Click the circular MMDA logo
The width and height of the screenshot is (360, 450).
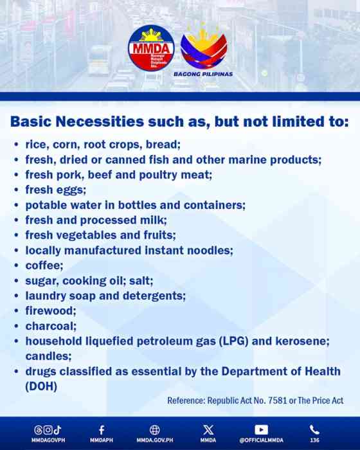pyautogui.click(x=151, y=49)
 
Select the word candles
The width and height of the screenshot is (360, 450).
pyautogui.click(x=46, y=355)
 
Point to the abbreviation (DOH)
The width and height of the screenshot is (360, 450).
pyautogui.click(x=42, y=386)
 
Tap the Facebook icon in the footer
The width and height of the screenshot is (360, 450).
pyautogui.click(x=102, y=429)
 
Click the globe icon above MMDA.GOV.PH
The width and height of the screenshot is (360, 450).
pyautogui.click(x=154, y=429)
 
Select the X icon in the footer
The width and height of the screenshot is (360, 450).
pyautogui.click(x=208, y=429)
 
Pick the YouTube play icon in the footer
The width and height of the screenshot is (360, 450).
pyautogui.click(x=261, y=429)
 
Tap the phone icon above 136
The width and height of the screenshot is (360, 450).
pyautogui.click(x=314, y=429)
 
